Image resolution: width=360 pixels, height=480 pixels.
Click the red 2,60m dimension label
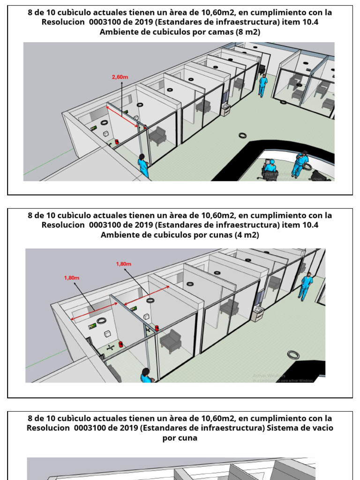click(x=120, y=77)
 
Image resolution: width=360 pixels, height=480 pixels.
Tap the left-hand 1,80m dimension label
click(x=72, y=277)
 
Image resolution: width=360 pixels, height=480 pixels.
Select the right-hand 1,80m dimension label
click(x=124, y=264)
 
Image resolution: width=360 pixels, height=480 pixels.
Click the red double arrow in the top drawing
click(x=123, y=117)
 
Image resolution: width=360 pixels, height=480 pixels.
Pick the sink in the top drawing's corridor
click(x=226, y=109)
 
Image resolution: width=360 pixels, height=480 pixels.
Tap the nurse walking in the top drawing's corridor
click(x=262, y=85)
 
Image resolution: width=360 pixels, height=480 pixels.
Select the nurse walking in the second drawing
click(x=306, y=285)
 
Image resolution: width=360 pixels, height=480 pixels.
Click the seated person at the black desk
click(x=270, y=168)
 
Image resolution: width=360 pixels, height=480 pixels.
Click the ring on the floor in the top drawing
click(x=243, y=135)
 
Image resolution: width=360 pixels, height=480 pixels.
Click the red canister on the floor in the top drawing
click(x=116, y=141)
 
